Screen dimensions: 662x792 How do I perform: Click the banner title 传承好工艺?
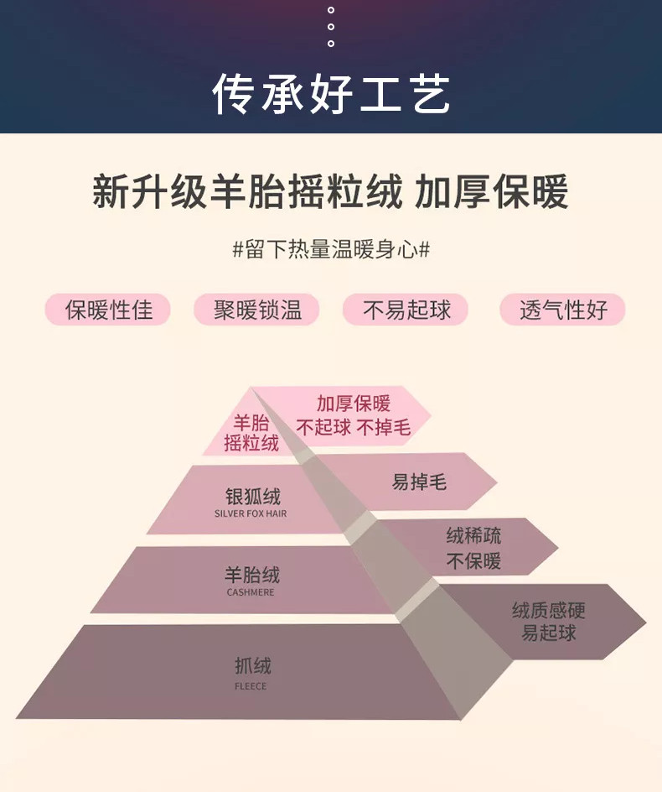[x=331, y=94]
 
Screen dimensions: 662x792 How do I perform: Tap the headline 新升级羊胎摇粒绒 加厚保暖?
[x=331, y=192]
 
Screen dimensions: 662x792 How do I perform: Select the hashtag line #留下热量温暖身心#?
[x=331, y=249]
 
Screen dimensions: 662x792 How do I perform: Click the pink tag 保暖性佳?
[x=108, y=310]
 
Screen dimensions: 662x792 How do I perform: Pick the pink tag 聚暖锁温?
[x=257, y=310]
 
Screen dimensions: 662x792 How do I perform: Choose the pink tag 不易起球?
[x=406, y=310]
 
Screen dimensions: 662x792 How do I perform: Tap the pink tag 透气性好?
[x=562, y=310]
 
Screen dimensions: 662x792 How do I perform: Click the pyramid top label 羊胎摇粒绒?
[x=251, y=433]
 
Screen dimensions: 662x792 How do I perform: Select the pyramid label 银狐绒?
[x=252, y=496]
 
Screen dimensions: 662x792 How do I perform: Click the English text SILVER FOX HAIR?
[x=251, y=513]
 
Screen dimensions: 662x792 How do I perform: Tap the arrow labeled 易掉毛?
[x=419, y=482]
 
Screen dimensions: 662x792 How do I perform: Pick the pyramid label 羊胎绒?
[x=251, y=576]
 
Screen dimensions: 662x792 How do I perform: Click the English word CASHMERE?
[x=251, y=592]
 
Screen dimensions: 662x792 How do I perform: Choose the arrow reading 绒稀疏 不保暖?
[x=473, y=548]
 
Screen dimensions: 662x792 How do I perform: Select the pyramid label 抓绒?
[x=252, y=667]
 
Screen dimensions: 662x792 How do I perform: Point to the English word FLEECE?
[x=251, y=686]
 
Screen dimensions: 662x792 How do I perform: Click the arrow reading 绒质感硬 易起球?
[x=548, y=622]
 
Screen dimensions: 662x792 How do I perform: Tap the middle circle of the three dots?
[x=331, y=27]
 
